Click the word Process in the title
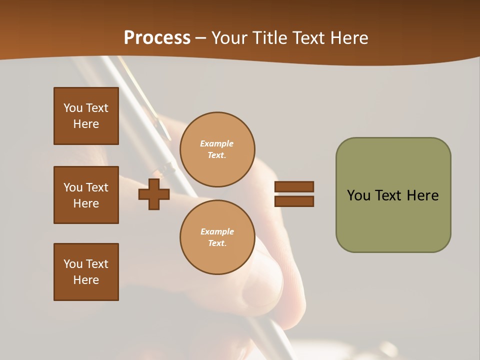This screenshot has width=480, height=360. pos(157,38)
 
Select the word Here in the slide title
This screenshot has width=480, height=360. pos(348,38)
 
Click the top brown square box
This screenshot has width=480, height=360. pos(86,116)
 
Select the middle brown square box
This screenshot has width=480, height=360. pos(86,195)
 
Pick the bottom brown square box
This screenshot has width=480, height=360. pos(86,272)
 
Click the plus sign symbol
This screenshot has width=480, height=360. pos(154,194)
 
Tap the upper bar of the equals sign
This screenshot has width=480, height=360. pos(294,186)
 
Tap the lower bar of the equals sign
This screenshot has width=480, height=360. pos(294,201)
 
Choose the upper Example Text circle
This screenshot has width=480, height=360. pos(217,149)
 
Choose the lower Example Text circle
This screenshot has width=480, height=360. pos(217,237)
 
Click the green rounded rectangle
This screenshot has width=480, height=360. pos(393,195)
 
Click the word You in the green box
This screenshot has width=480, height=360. pos(358,195)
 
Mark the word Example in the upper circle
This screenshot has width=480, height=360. pos(217,144)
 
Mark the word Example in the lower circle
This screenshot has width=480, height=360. pos(217,232)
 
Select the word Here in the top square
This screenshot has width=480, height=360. pos(86,124)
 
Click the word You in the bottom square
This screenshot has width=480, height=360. pos(73,264)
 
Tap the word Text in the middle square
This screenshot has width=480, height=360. pos(97,187)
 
